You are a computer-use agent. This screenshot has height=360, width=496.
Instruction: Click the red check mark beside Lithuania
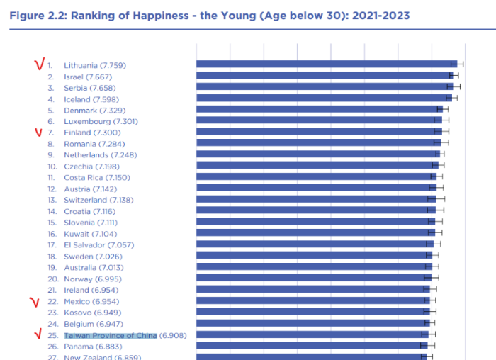tap(39, 64)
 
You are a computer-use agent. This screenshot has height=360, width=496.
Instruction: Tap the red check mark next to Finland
tap(38, 133)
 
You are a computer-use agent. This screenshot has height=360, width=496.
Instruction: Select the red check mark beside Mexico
tap(35, 303)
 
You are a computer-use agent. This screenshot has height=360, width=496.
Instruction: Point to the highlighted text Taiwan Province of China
tap(111, 335)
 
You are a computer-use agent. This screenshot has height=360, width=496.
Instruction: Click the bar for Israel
tap(325, 76)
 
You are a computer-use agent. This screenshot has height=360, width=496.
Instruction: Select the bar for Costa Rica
tap(316, 176)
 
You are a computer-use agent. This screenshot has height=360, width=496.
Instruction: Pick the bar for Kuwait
tap(316, 233)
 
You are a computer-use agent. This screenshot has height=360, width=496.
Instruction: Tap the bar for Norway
tap(314, 278)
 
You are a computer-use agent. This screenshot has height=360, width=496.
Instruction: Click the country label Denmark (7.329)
tap(94, 111)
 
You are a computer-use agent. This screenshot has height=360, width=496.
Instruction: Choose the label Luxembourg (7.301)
tap(101, 121)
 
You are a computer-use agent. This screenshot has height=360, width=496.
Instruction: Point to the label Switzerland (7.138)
tap(98, 200)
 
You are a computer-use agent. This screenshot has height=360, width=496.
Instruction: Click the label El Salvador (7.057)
tap(99, 245)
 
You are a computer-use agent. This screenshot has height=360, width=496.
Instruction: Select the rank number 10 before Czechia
tap(52, 167)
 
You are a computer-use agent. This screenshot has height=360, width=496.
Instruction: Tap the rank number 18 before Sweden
tap(52, 257)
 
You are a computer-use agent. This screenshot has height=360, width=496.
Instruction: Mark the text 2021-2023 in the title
tap(381, 16)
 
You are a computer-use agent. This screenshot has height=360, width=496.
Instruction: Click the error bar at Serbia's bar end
tap(453, 86)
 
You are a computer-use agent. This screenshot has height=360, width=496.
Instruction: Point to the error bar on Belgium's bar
tap(429, 323)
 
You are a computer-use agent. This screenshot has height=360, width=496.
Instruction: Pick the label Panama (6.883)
tap(93, 347)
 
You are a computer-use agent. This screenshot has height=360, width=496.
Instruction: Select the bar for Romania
tap(319, 142)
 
